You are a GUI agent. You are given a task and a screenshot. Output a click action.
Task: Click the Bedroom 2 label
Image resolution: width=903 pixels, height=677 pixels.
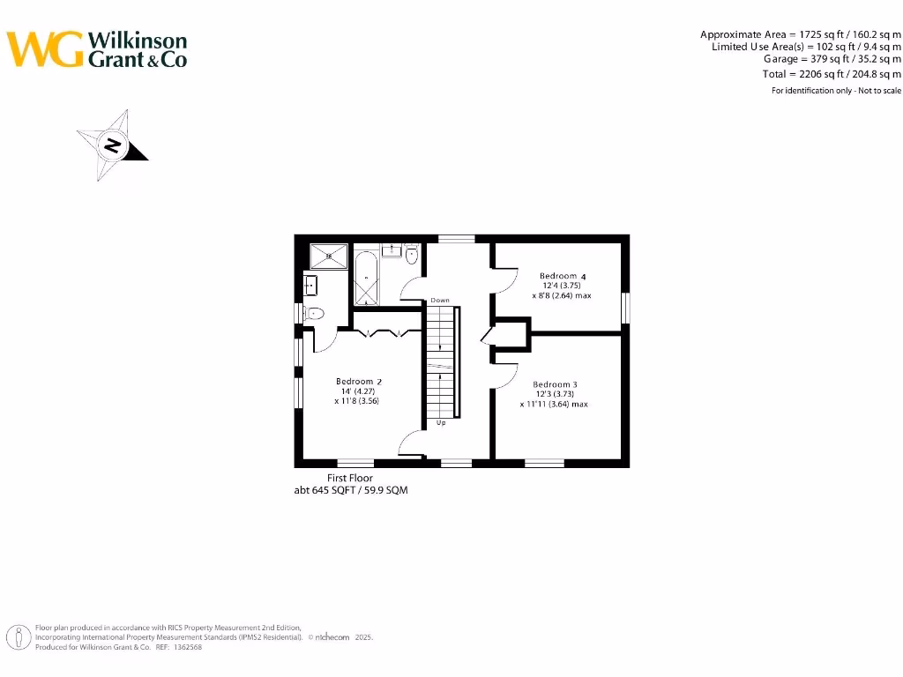point(358,382)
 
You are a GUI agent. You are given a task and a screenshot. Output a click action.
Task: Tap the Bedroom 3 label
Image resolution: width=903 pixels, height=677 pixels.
point(555,384)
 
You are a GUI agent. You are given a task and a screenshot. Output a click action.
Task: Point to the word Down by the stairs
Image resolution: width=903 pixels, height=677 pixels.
point(440,301)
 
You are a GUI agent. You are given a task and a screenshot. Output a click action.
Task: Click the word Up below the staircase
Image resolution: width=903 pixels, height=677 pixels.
point(441,423)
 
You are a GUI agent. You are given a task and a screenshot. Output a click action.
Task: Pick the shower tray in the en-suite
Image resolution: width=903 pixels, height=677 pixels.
point(328,257)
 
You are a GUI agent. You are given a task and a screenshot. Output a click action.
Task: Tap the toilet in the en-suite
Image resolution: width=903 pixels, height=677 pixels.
point(315,312)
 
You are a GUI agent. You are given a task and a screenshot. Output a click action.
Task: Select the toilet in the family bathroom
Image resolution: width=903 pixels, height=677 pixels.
point(411,255)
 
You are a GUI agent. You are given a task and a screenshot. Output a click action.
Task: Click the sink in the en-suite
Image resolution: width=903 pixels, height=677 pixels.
point(310,285)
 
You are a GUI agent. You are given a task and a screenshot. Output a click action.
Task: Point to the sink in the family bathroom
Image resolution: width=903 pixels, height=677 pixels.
point(392,250)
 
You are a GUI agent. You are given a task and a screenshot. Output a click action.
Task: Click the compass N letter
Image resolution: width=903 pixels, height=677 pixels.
point(113,145)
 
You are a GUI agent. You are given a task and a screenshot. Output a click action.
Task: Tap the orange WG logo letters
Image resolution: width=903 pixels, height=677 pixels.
point(46,49)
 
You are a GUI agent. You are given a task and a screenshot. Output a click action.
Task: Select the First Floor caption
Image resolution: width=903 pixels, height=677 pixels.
point(350,478)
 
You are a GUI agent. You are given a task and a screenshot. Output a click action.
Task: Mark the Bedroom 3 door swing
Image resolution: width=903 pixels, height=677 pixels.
point(504,376)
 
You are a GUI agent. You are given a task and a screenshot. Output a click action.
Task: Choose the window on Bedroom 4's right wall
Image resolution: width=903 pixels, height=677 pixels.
point(625,308)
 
